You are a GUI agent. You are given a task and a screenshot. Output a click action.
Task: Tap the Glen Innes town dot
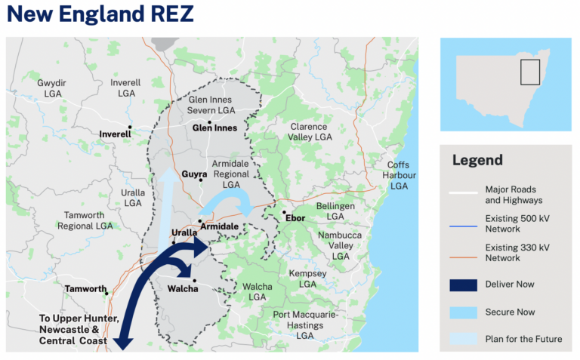tap(209, 122)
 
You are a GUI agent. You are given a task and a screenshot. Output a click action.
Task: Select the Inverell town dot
tap(130, 128)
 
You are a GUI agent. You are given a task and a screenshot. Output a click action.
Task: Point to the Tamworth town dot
tap(107, 293)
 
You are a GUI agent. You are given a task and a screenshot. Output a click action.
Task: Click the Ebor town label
tap(295, 219)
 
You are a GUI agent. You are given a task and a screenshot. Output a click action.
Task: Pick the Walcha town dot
tap(194, 282)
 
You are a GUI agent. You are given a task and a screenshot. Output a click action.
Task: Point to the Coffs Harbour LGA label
tap(397, 175)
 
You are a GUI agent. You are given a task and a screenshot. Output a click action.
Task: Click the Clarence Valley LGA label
tap(310, 132)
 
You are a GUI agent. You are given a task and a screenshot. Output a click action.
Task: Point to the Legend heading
tap(477, 160)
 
